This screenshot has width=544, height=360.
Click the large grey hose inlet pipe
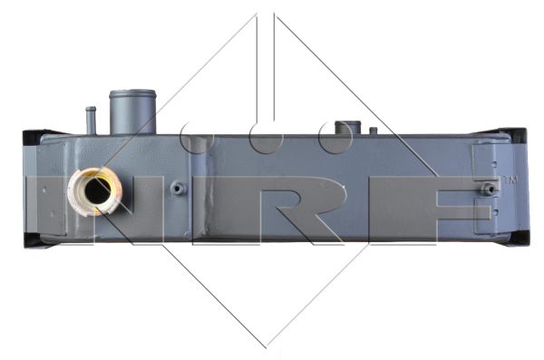132,112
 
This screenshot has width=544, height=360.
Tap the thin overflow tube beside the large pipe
91,121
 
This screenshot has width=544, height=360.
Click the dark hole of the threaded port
98,190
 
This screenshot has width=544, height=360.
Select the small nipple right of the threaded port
178,189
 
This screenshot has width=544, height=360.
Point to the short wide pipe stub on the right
347,128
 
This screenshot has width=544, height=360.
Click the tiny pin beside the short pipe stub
374,131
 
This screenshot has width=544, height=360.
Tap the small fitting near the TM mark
490,189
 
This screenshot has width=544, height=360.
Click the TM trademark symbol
510,180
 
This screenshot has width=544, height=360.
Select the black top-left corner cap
33,137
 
